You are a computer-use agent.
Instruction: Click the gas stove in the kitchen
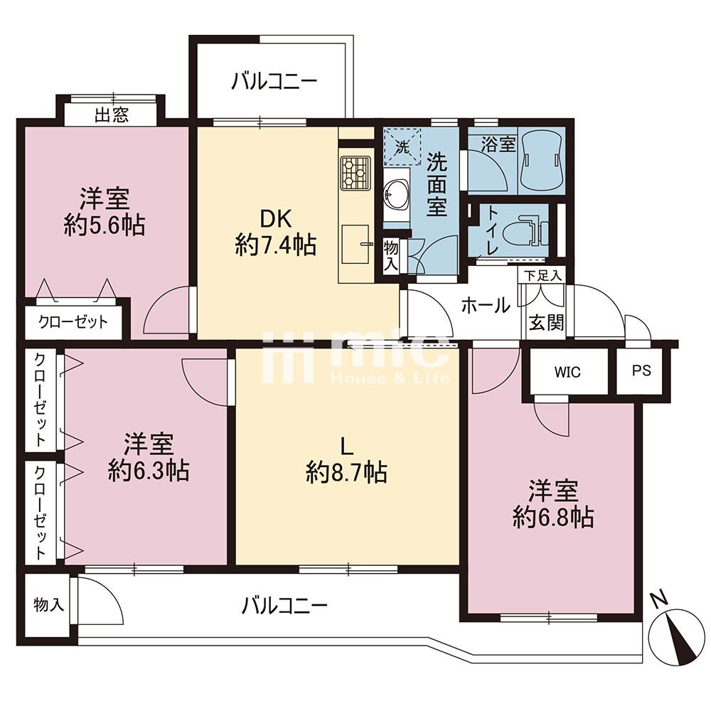[355, 173]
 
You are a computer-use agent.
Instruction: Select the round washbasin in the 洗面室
[396, 195]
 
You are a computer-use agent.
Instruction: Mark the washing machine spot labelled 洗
[402, 147]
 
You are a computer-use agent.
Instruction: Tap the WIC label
[567, 373]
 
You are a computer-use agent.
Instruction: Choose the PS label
[641, 370]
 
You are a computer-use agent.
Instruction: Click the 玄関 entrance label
[546, 322]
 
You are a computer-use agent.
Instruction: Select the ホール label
[486, 306]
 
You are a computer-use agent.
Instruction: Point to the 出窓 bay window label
[112, 115]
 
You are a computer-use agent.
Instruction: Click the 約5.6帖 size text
[105, 225]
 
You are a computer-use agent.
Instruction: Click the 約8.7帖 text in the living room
[346, 472]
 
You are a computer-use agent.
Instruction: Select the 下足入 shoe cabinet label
[542, 275]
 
